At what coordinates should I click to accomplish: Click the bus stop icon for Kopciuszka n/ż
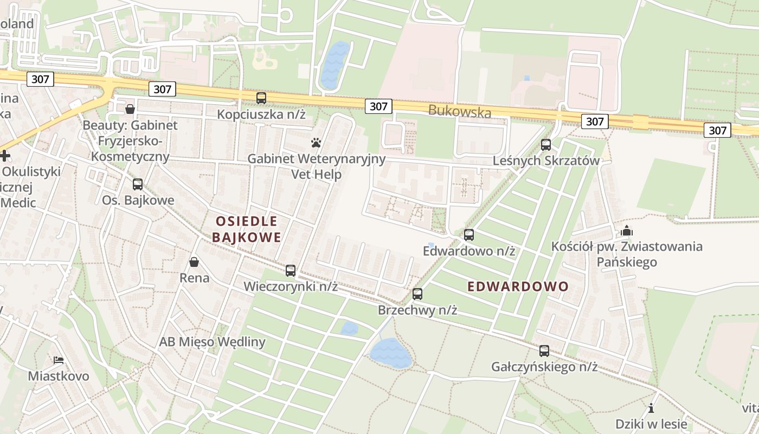(261, 98)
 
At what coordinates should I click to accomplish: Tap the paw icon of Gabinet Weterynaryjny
(316, 143)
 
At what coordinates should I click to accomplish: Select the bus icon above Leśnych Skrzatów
(545, 145)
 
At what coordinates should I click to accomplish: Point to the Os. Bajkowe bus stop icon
(138, 184)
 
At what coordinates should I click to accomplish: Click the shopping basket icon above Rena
(194, 262)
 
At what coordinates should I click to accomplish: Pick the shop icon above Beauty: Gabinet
(130, 109)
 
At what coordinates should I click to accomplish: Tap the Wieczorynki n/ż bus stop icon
(291, 270)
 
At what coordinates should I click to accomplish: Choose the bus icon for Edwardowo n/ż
(469, 235)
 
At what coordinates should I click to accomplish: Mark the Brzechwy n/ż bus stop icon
(417, 294)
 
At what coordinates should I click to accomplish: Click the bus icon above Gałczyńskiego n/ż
(544, 351)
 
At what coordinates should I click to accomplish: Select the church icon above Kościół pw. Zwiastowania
(627, 231)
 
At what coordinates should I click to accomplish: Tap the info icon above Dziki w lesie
(651, 408)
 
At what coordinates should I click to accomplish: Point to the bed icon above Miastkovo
(59, 360)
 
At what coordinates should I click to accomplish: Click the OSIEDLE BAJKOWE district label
(247, 229)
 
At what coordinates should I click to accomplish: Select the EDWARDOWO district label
(518, 286)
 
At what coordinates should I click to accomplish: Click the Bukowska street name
(459, 111)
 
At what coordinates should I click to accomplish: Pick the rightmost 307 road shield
(717, 130)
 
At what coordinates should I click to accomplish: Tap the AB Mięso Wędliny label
(212, 342)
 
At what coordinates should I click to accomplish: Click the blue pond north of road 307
(334, 65)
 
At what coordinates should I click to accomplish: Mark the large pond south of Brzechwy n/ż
(390, 354)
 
